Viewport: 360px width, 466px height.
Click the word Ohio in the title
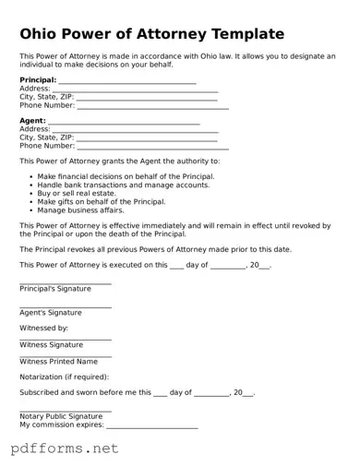42,34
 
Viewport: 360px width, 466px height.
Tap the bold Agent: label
32,121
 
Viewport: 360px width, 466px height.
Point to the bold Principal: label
38,80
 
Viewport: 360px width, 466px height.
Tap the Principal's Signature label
55,289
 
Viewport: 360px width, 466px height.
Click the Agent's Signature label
51,313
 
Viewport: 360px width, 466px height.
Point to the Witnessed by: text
44,328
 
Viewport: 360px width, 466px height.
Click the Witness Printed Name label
58,362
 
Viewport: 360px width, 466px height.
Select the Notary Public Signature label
61,416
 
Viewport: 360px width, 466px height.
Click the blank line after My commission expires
151,427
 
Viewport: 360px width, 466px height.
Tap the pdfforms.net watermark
65,449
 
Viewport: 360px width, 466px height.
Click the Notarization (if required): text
64,376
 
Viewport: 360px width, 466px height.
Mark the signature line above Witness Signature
66,339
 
